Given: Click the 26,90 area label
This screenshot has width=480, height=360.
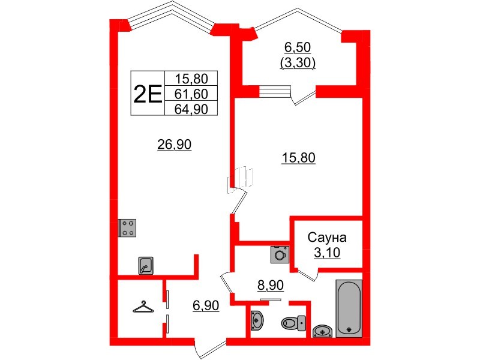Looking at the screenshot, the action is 174,144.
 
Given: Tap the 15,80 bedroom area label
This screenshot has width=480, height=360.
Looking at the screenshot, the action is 298,158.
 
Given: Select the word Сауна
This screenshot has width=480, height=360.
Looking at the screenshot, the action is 327,237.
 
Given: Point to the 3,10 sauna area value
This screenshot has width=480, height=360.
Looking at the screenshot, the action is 327,253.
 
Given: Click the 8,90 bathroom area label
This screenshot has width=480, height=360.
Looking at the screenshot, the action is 271,286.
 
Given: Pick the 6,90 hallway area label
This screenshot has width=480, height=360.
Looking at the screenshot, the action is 206,305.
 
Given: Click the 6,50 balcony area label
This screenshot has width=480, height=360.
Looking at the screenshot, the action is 298,47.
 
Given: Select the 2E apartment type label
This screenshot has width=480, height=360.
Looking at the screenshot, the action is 148,93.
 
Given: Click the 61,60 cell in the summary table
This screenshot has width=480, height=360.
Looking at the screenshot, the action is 191,94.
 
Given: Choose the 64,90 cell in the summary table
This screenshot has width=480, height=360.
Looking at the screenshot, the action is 191,109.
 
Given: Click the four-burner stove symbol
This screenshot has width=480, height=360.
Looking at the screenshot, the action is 127,228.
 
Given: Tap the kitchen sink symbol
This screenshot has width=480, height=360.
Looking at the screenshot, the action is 146,265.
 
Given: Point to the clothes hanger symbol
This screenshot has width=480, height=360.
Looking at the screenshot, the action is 143,307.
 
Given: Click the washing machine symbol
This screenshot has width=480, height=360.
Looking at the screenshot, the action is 280,254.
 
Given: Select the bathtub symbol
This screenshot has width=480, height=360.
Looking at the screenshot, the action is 349,308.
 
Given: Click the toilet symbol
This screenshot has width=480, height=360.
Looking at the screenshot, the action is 293,323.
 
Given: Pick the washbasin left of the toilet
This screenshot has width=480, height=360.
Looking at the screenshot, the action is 257,321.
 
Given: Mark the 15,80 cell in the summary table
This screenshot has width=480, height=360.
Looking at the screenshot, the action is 191,79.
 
